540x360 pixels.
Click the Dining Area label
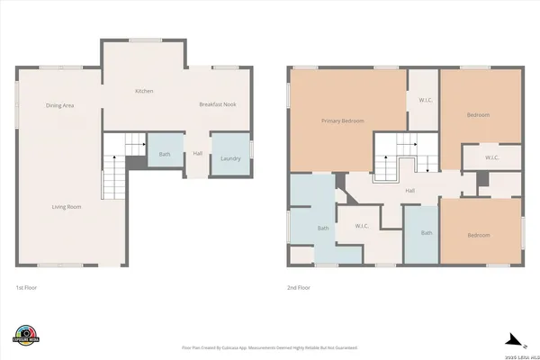click(x=59, y=106)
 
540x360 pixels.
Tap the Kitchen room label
click(x=143, y=92)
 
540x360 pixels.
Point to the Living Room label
click(x=67, y=207)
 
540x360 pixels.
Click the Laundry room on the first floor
click(x=230, y=158)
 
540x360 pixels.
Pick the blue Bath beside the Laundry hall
click(x=165, y=154)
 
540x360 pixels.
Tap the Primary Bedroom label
click(x=342, y=121)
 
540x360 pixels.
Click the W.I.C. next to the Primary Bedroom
click(x=422, y=101)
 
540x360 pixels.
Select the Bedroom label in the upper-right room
click(x=478, y=115)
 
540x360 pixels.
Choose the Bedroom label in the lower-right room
click(x=478, y=235)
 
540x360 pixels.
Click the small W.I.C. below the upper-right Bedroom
click(x=491, y=158)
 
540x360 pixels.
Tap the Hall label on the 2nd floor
click(x=409, y=191)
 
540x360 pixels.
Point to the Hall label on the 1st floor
click(x=197, y=153)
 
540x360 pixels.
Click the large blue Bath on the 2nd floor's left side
click(x=322, y=228)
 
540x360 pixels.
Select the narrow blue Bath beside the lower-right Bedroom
click(x=427, y=233)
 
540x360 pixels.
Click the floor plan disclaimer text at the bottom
click(x=269, y=346)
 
